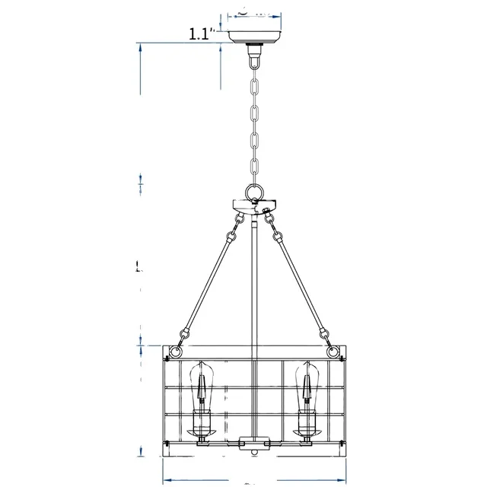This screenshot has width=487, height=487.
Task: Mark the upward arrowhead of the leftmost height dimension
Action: pyautogui.click(x=141, y=47)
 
